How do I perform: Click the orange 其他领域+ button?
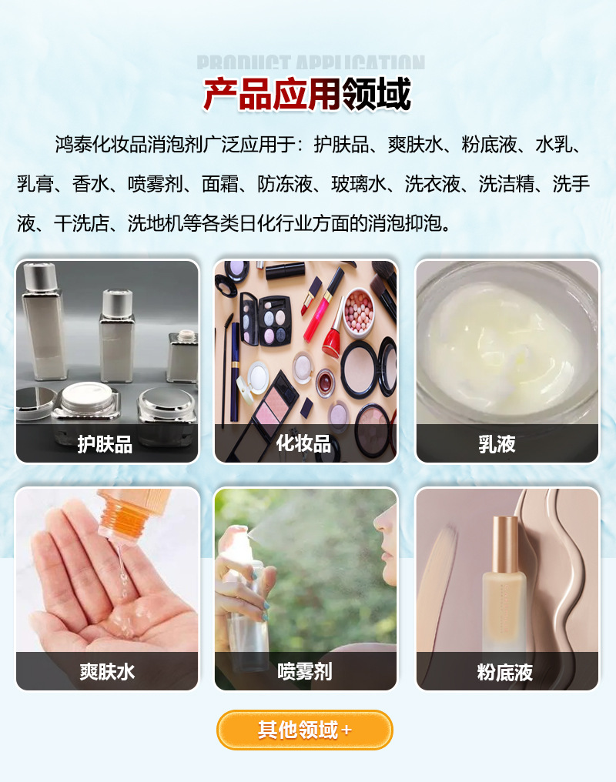pyautogui.click(x=305, y=730)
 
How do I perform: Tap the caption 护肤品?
pyautogui.click(x=105, y=444)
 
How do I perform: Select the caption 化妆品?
pyautogui.click(x=305, y=444)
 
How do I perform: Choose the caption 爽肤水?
pyautogui.click(x=107, y=671)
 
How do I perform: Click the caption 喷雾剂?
pyautogui.click(x=305, y=671)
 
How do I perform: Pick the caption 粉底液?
pyautogui.click(x=505, y=671)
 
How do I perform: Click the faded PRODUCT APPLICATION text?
pyautogui.click(x=310, y=63)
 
